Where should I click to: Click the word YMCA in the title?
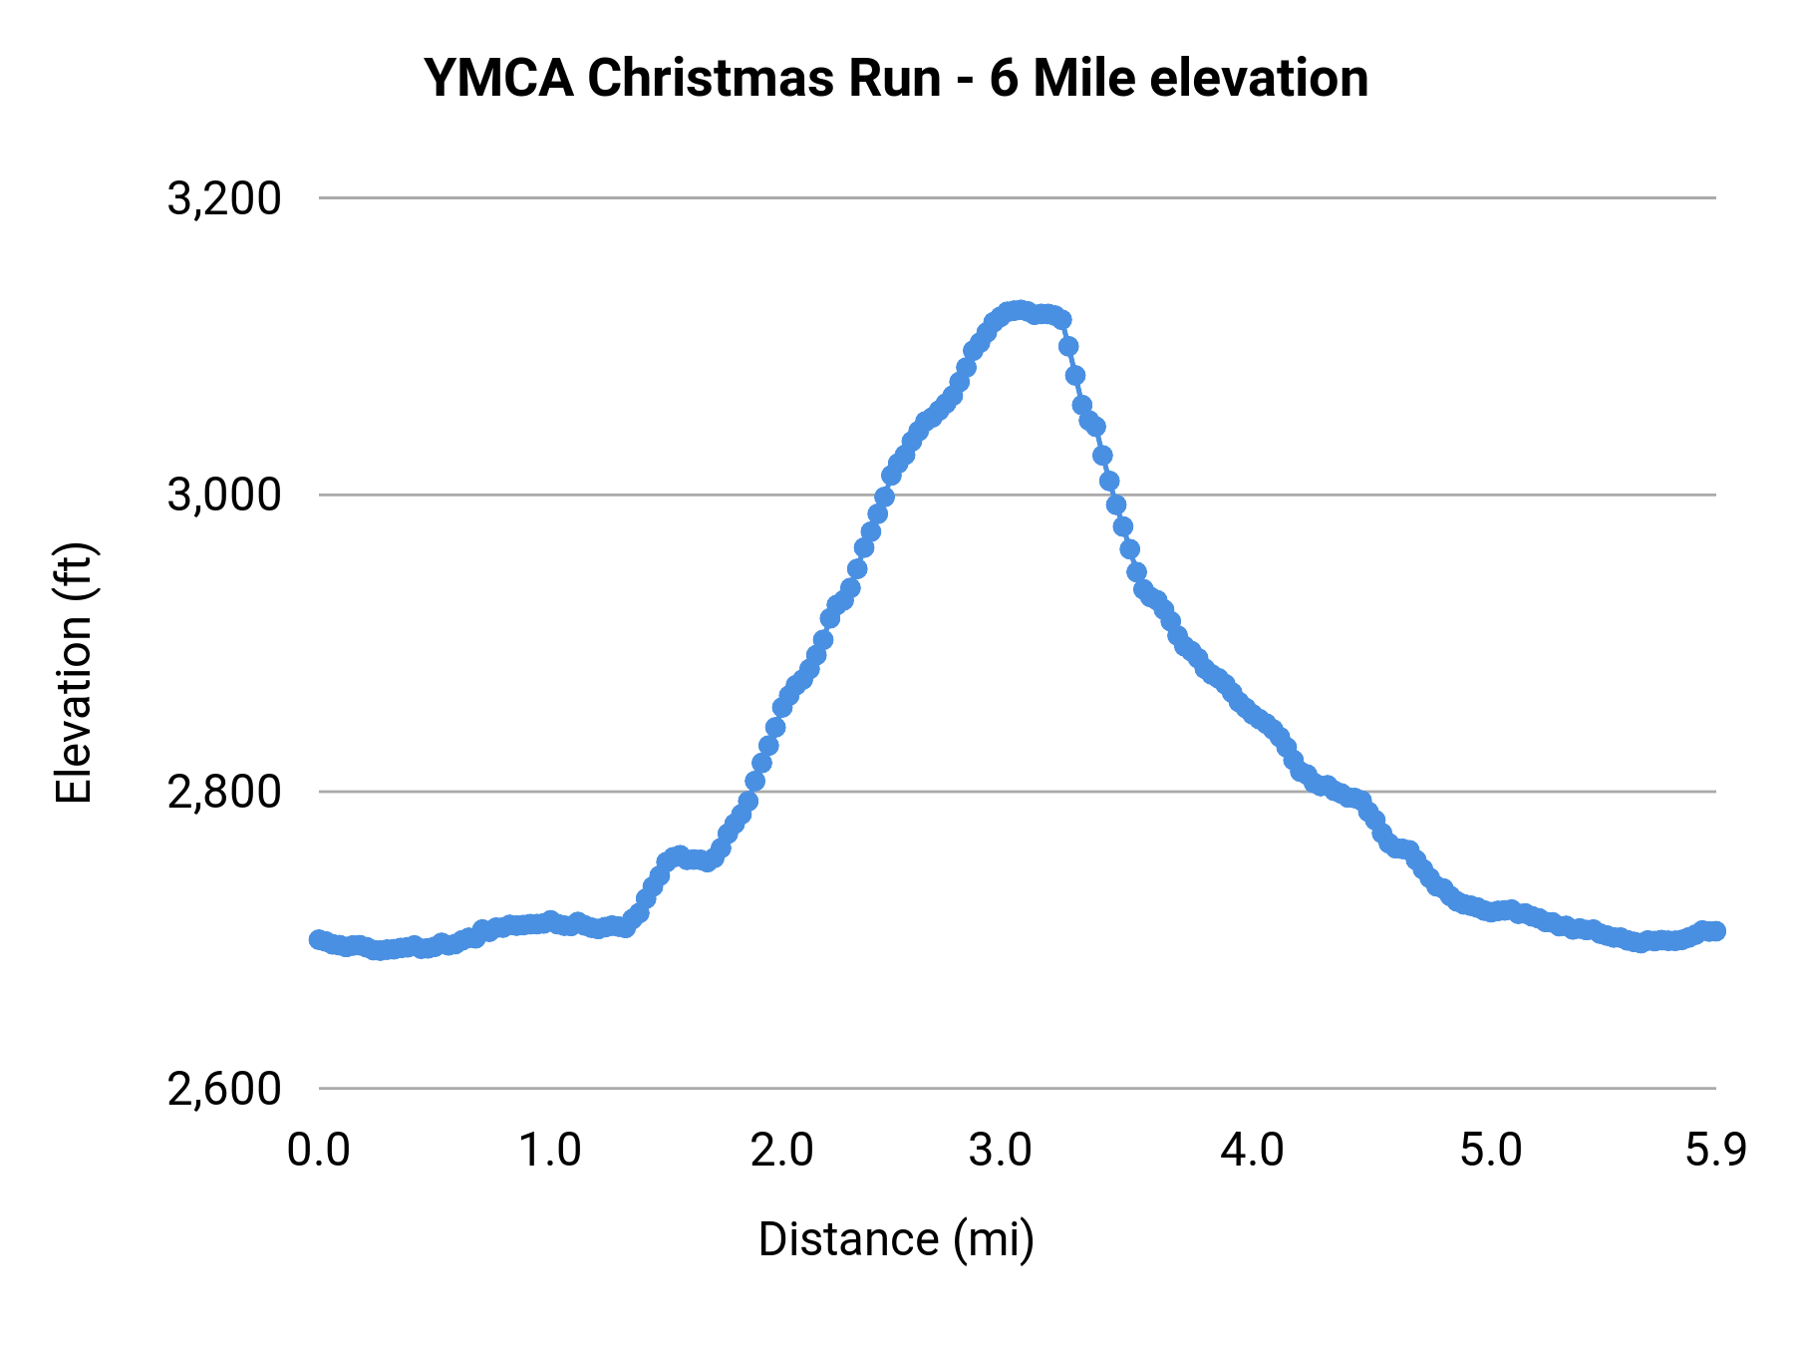tap(498, 78)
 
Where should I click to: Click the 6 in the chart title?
tap(1004, 78)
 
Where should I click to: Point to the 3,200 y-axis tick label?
tap(224, 198)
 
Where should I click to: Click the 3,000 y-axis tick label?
tap(224, 495)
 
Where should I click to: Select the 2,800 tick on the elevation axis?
tap(224, 792)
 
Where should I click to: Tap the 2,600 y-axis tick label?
tap(224, 1088)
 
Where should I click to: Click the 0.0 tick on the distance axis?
tap(319, 1151)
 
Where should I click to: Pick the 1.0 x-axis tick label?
tap(550, 1151)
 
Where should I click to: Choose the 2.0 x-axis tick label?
tap(781, 1151)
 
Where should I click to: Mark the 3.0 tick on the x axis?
tap(1001, 1151)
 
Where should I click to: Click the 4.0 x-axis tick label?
tap(1253, 1151)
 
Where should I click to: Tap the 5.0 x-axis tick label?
tap(1491, 1151)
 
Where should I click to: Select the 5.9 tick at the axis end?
tap(1715, 1151)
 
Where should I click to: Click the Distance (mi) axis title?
tap(896, 1239)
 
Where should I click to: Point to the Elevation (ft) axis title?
tap(74, 673)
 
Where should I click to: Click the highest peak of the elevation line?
tap(1018, 310)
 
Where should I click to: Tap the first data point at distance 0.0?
tap(318, 939)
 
